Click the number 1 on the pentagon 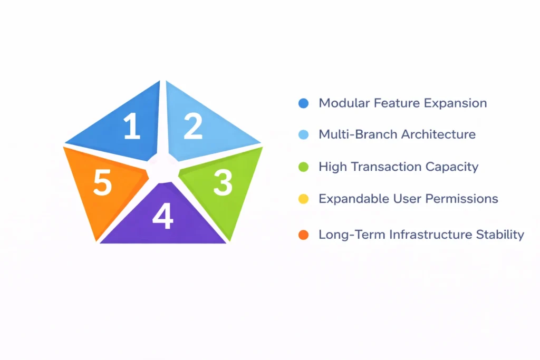tap(132, 127)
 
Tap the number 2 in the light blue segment tap(193, 126)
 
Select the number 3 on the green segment tap(223, 183)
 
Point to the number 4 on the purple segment tap(162, 216)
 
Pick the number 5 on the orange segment tap(102, 183)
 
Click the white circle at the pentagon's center tap(162, 168)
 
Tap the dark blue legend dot tap(303, 103)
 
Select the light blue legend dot tap(303, 134)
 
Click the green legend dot tap(303, 167)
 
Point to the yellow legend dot tap(303, 199)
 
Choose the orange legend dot tap(303, 235)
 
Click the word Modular tap(344, 103)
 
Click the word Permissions tap(461, 199)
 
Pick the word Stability tap(500, 235)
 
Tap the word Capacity tap(452, 167)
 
